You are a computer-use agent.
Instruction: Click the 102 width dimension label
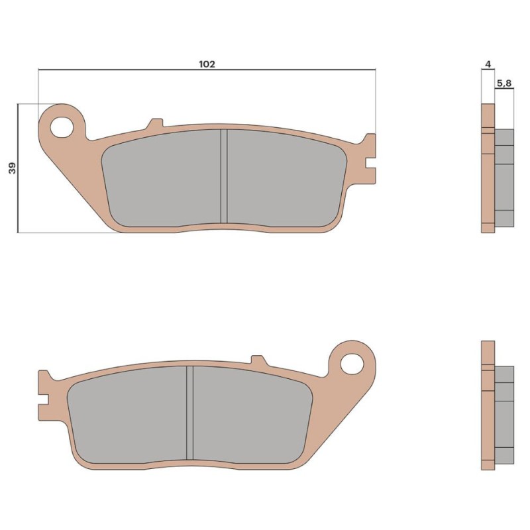tap(207, 64)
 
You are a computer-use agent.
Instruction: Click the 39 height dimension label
tap(13, 168)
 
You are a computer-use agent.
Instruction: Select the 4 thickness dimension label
tap(488, 64)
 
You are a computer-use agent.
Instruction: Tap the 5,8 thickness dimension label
tap(503, 83)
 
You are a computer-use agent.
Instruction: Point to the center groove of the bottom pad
tap(190, 414)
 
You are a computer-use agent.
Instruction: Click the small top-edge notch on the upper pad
tap(155, 124)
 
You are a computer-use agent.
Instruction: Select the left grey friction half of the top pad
tap(162, 176)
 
